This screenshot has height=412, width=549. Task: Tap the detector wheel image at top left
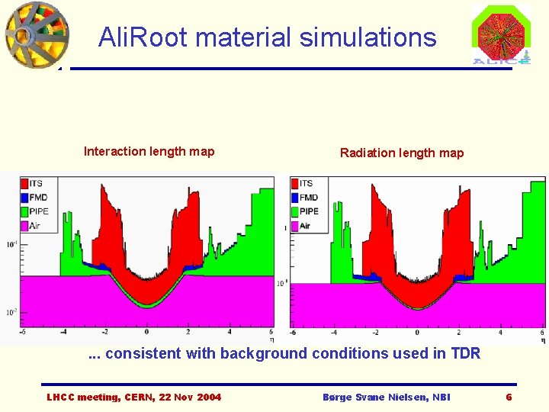click(36, 34)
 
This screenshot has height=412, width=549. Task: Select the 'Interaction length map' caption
click(149, 151)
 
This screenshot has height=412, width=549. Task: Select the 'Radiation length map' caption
click(401, 153)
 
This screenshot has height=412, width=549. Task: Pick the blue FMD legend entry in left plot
click(34, 197)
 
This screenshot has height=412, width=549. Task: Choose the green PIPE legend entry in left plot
click(34, 211)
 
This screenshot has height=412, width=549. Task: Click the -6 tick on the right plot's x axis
click(293, 333)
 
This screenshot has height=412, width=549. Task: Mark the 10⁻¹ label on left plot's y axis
click(12, 244)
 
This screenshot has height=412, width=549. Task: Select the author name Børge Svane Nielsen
click(387, 398)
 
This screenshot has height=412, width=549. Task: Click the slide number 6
click(509, 398)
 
